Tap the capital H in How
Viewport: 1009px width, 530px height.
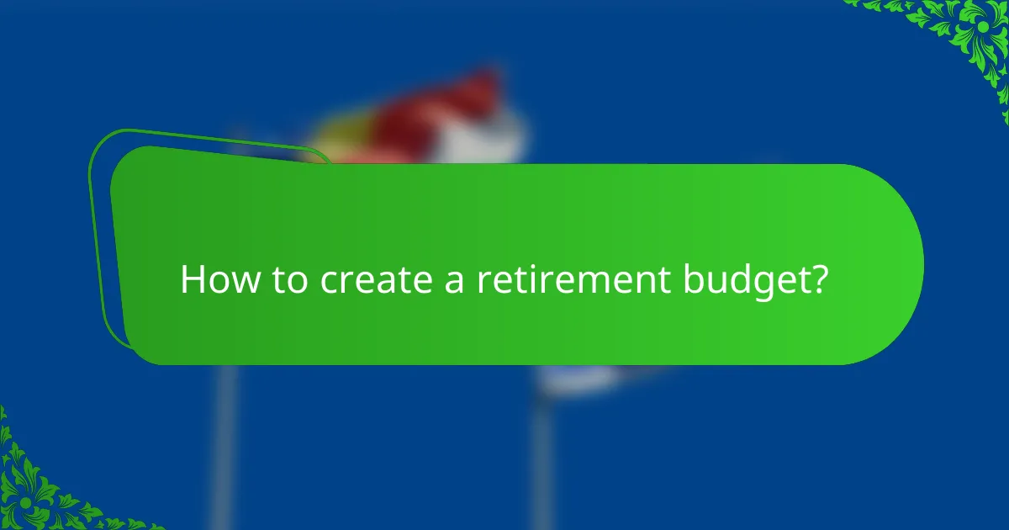(x=192, y=280)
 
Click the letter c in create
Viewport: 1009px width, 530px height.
(x=328, y=283)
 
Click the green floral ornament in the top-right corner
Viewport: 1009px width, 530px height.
(x=967, y=34)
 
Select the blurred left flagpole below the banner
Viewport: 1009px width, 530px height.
(x=224, y=446)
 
